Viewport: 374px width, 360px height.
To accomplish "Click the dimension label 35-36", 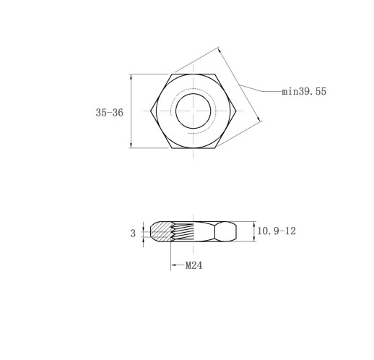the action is tap(110, 113).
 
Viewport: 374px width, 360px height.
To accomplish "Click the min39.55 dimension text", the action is tap(304, 91).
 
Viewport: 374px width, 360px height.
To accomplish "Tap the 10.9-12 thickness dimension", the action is tap(277, 231).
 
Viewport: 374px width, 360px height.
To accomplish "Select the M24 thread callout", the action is tap(193, 265).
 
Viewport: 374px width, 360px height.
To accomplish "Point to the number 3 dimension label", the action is tap(133, 233).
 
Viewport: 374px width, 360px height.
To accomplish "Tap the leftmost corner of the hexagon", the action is tap(151, 111).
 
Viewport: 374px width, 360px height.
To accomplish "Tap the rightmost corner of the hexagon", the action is tap(236, 111).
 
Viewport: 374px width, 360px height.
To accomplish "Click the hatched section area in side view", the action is tap(161, 231).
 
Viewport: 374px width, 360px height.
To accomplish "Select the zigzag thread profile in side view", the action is tap(172, 231).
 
